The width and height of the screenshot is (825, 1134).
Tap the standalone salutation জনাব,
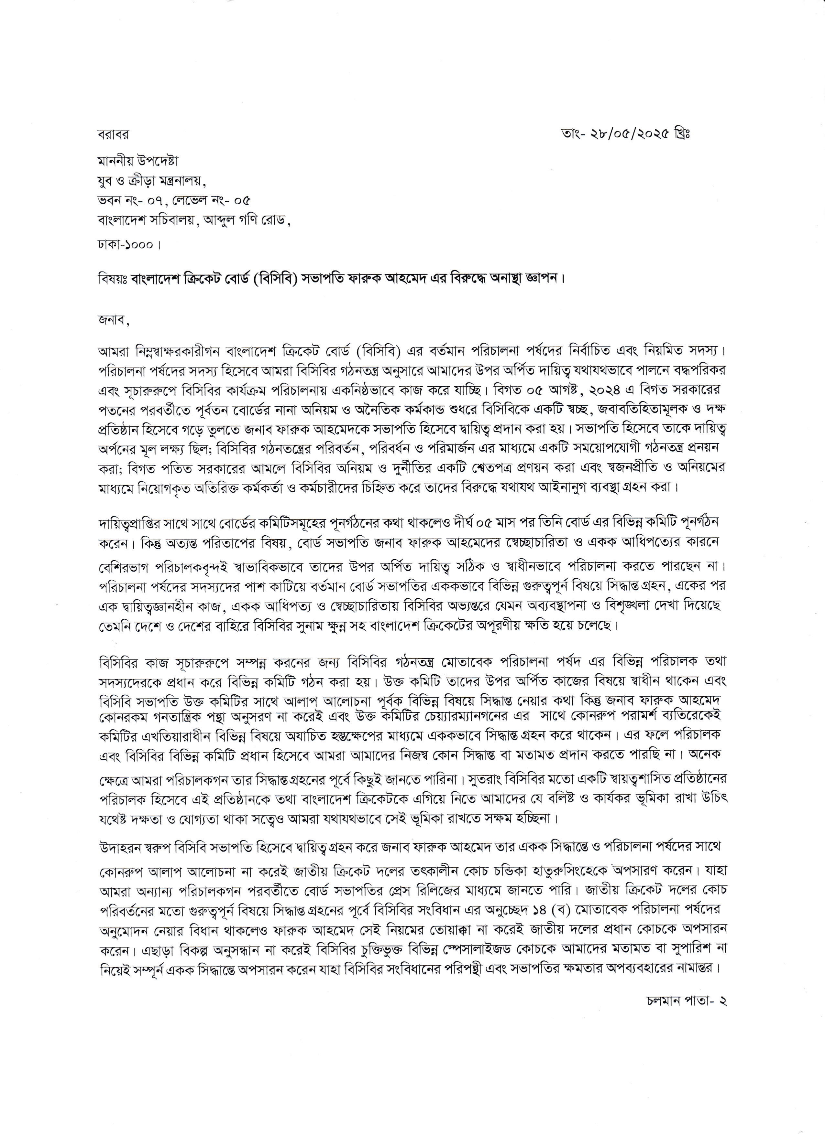113,322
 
